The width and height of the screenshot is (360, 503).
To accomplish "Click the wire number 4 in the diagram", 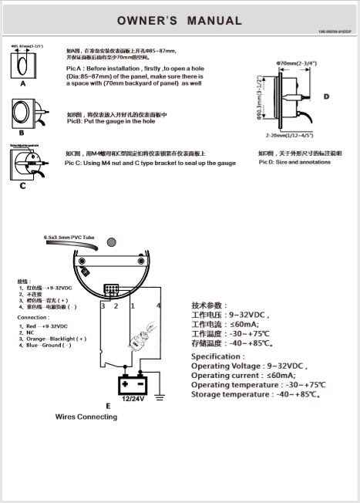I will (160, 306).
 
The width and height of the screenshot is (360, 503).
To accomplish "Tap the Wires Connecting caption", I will (86, 417).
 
